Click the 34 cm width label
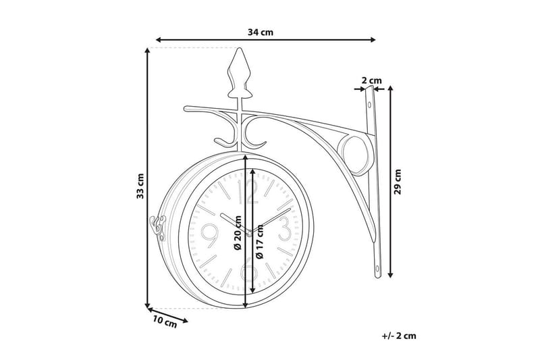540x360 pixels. pyautogui.click(x=261, y=32)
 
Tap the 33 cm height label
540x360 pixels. pyautogui.click(x=140, y=186)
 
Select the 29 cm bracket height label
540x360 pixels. pyautogui.click(x=398, y=182)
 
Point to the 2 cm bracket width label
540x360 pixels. pyautogui.click(x=372, y=80)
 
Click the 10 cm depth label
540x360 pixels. pyautogui.click(x=165, y=322)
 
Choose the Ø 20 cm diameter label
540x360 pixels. pyautogui.click(x=238, y=232)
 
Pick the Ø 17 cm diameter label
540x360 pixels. pyautogui.click(x=259, y=241)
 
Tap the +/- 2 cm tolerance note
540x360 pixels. pyautogui.click(x=399, y=336)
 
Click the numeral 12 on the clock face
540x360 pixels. pyautogui.click(x=248, y=192)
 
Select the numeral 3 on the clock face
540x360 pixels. pyautogui.click(x=284, y=228)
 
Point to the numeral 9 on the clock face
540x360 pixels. pyautogui.click(x=209, y=236)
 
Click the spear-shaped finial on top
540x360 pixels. pyautogui.click(x=239, y=73)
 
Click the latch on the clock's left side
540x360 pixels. pyautogui.click(x=158, y=228)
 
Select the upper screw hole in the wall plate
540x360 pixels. pyautogui.click(x=369, y=104)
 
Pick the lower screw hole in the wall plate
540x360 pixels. pyautogui.click(x=377, y=268)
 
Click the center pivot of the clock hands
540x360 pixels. pyautogui.click(x=249, y=234)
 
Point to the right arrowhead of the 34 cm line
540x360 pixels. pyautogui.click(x=373, y=40)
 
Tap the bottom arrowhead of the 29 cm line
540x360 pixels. pyautogui.click(x=390, y=275)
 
